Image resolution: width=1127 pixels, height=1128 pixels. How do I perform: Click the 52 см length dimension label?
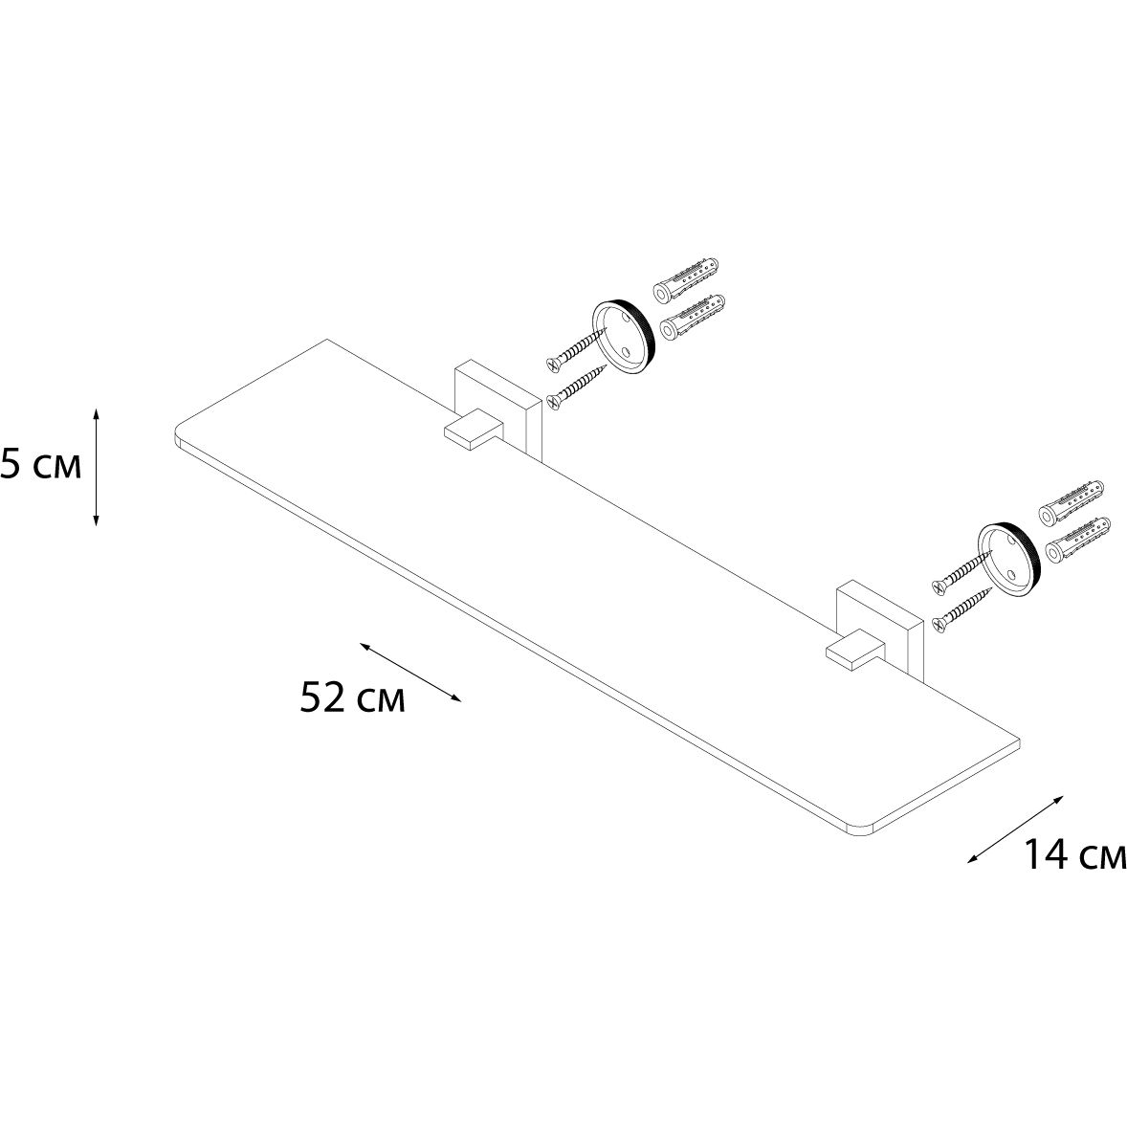(x=352, y=697)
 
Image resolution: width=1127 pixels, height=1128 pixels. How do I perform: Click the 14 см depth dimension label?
(x=1074, y=854)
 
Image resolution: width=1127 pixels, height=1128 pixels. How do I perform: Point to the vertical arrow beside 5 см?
(x=97, y=466)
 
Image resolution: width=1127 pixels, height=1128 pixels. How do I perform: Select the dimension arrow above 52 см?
(x=410, y=672)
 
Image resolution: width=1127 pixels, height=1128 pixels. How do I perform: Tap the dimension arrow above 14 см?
(x=1015, y=828)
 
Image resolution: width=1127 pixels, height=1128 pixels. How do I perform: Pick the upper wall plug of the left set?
(x=686, y=280)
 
